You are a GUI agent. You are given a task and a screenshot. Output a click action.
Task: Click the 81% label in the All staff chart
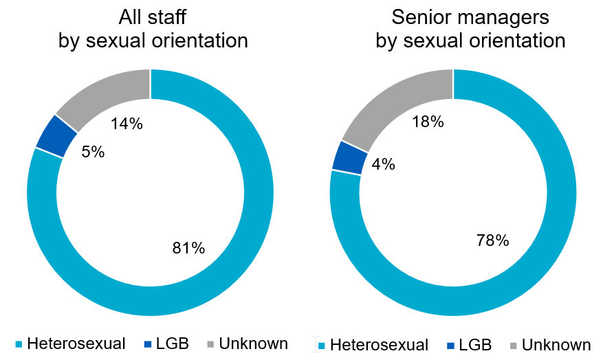click(188, 248)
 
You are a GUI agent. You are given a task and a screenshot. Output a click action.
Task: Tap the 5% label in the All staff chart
click(93, 152)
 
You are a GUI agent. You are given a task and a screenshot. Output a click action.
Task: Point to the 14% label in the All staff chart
click(127, 124)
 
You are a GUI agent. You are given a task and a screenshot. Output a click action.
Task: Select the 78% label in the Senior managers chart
click(492, 240)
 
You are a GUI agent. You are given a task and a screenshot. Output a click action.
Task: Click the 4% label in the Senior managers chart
click(383, 164)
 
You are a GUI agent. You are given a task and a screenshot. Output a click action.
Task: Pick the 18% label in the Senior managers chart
click(428, 122)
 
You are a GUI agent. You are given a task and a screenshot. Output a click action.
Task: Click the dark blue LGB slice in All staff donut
click(56, 136)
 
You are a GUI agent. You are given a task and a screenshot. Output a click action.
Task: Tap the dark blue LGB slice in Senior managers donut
click(347, 157)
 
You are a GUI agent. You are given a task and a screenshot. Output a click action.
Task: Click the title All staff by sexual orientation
click(153, 30)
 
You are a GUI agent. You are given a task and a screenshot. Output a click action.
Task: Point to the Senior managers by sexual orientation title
click(470, 30)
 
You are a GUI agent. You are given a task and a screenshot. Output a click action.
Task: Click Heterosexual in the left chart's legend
click(76, 343)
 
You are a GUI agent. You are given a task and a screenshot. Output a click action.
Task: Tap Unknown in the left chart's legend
click(254, 343)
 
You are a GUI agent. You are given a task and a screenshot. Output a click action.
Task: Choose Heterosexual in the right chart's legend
click(378, 344)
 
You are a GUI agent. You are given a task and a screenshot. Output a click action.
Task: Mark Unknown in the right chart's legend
click(556, 344)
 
